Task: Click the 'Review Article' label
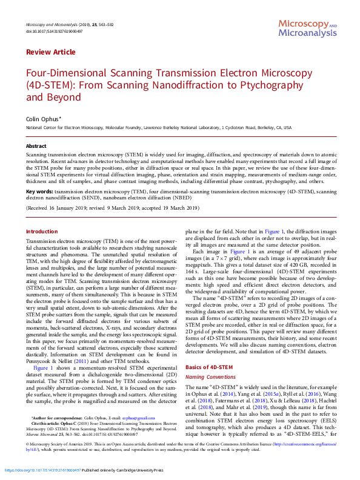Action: [51, 53]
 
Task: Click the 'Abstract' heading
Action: [36, 147]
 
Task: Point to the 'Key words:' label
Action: [39, 192]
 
